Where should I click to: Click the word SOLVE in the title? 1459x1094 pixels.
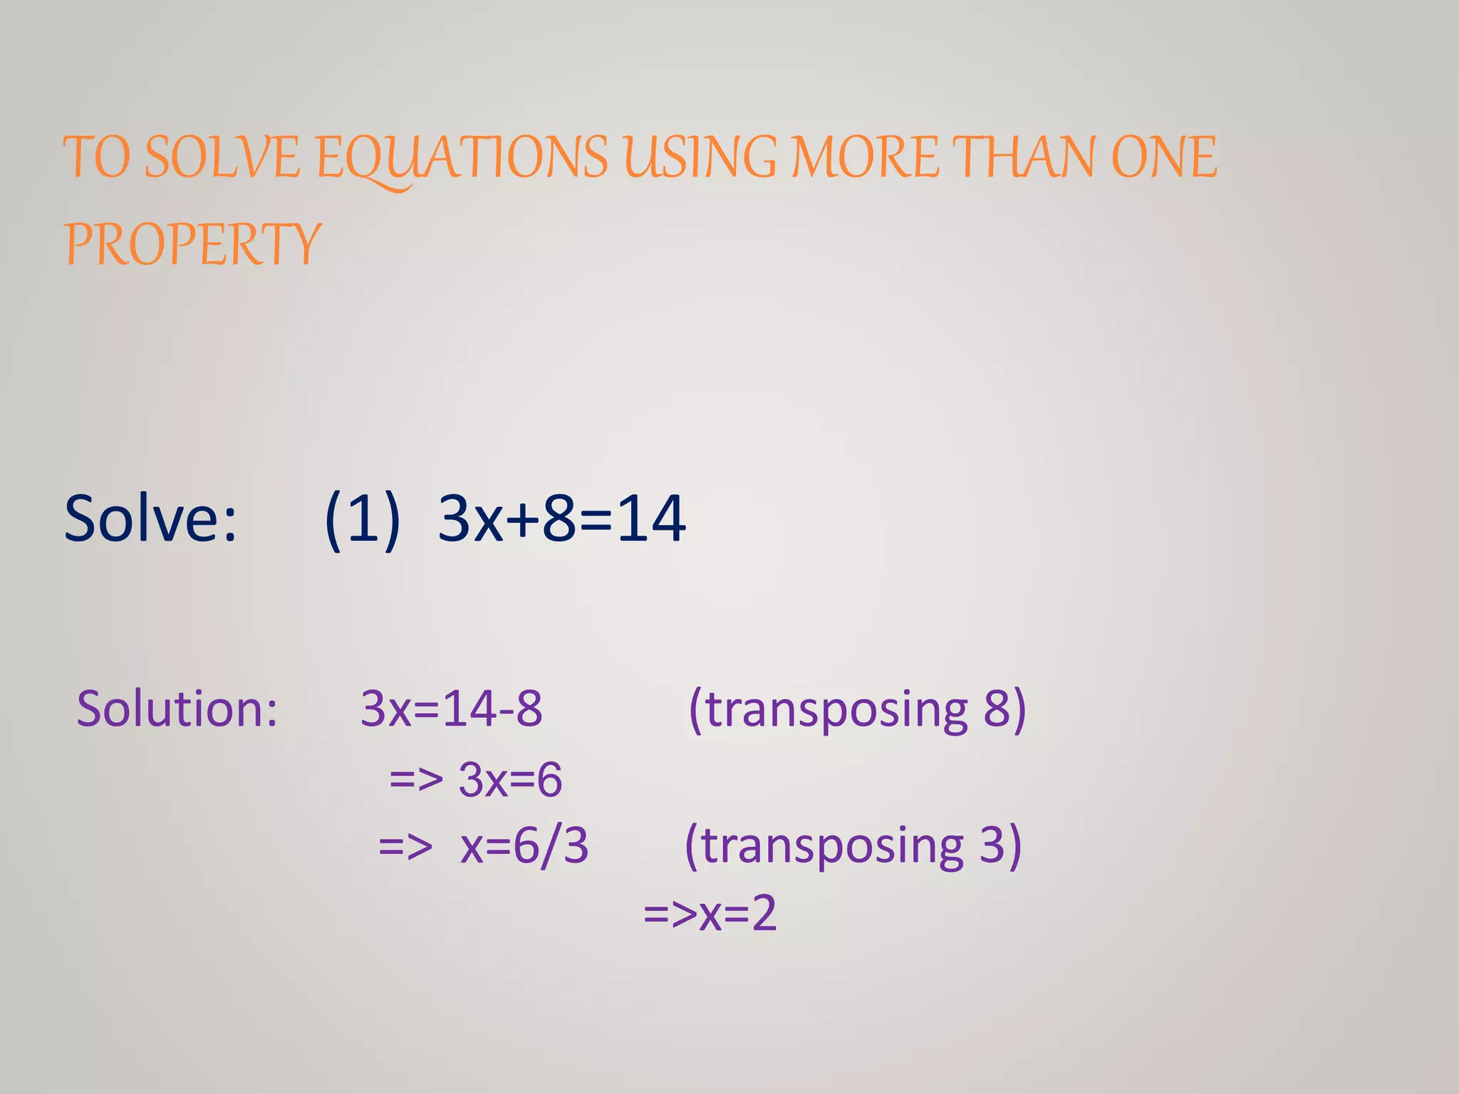click(x=222, y=157)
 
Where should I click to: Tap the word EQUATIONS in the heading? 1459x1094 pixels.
click(x=462, y=157)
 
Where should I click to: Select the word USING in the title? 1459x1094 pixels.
click(x=700, y=157)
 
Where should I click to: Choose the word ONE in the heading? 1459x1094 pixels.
click(x=1164, y=157)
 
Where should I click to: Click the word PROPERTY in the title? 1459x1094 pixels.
click(x=193, y=244)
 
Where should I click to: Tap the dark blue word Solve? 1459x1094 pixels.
click(x=150, y=519)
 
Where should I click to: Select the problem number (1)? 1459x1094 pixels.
click(x=362, y=519)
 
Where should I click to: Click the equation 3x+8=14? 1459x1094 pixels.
click(x=562, y=519)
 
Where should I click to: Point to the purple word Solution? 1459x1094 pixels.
click(x=177, y=709)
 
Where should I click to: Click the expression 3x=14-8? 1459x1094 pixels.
click(x=452, y=709)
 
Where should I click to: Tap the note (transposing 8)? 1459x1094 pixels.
click(x=857, y=709)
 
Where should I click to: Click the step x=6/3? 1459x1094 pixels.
click(x=524, y=846)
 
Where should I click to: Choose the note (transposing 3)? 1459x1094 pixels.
click(x=853, y=846)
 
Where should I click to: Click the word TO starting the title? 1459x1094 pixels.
click(x=96, y=157)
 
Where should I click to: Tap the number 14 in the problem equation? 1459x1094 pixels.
click(x=651, y=519)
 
